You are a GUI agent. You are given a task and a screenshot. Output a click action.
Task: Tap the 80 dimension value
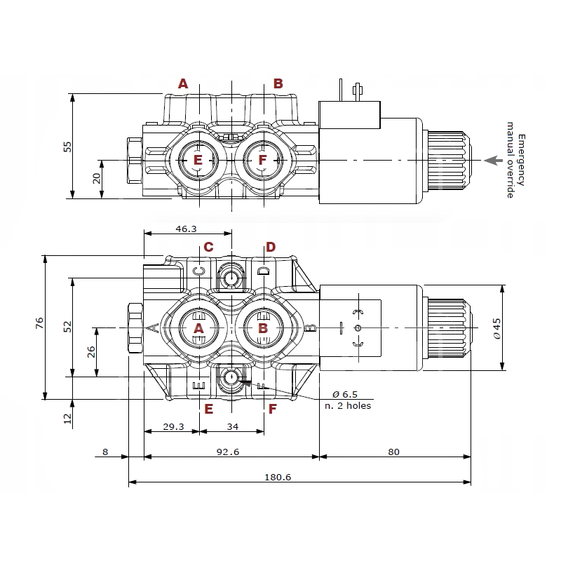[393, 452]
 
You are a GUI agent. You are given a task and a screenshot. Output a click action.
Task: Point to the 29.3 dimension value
[173, 426]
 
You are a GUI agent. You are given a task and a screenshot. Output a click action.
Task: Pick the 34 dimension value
[233, 426]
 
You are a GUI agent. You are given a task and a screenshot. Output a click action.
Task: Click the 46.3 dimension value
[186, 229]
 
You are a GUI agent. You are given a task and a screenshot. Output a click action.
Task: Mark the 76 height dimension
[40, 323]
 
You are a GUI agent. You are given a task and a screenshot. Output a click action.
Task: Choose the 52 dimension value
[68, 326]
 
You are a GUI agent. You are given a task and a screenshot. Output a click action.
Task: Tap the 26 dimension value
[91, 352]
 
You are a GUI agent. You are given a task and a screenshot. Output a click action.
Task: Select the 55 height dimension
[67, 146]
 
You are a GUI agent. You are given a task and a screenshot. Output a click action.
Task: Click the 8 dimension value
[105, 452]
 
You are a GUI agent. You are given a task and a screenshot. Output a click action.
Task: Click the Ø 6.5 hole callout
[344, 394]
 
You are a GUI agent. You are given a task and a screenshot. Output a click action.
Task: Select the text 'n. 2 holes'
[348, 405]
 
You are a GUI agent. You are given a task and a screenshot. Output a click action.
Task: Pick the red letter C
[208, 247]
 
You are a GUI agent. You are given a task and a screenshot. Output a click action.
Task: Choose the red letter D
[271, 247]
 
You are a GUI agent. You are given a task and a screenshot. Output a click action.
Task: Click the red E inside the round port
[198, 161]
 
